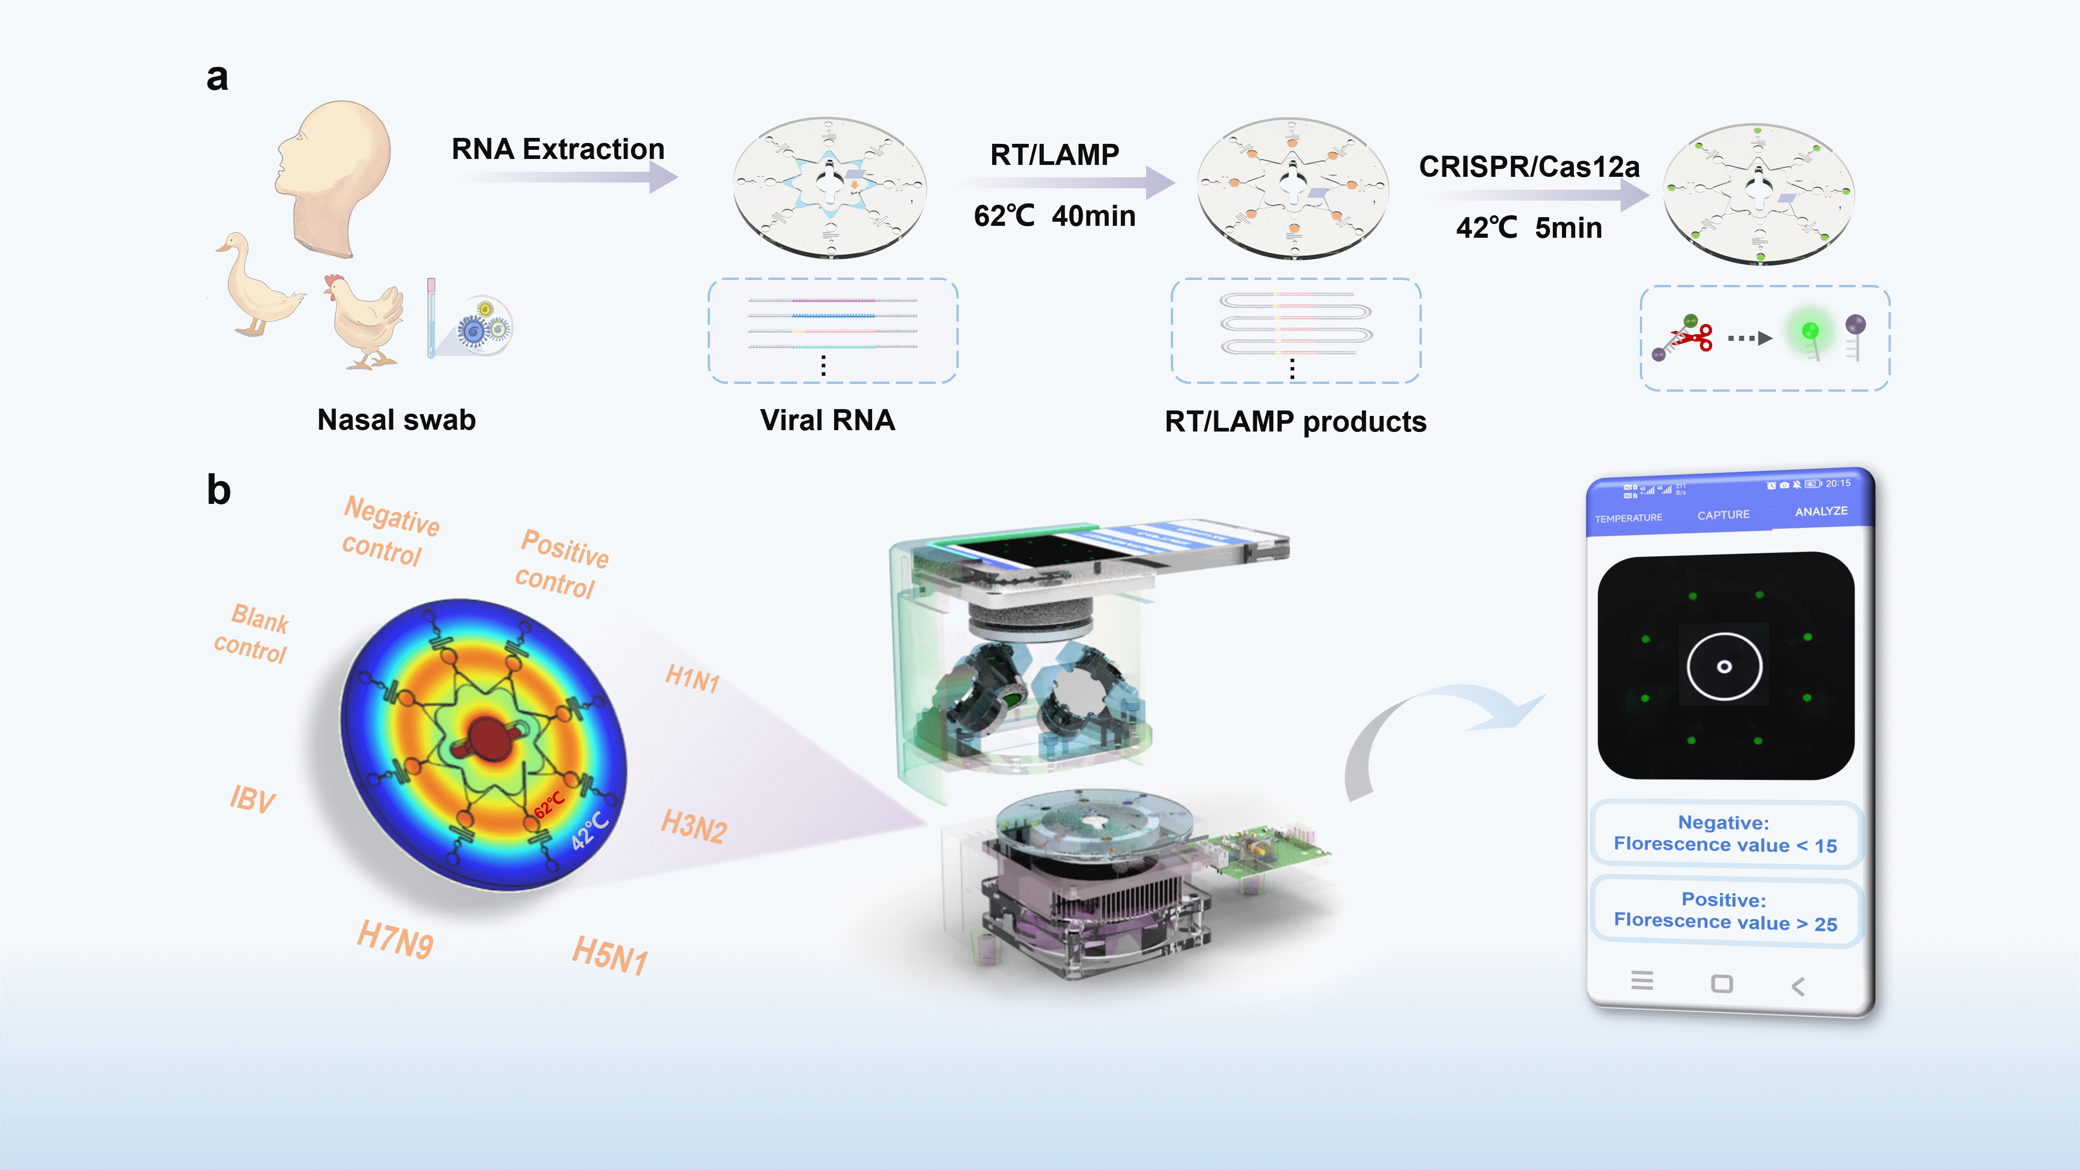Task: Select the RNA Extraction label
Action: coord(557,149)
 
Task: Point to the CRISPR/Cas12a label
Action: coord(1529,167)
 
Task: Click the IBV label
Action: coord(252,799)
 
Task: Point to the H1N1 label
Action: coord(692,678)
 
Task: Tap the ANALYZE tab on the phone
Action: coord(1821,511)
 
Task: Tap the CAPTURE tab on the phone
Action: coord(1723,514)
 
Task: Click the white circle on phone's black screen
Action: coord(1724,666)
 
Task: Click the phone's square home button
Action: coord(1721,984)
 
